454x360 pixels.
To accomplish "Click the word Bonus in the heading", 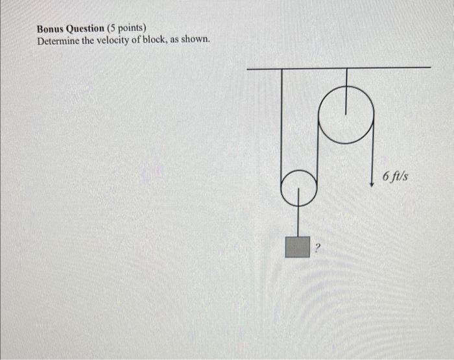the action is (x=53, y=29).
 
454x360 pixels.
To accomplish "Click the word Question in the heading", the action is (x=88, y=29).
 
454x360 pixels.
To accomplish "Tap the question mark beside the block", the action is (x=318, y=247).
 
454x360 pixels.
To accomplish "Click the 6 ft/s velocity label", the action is (x=395, y=176).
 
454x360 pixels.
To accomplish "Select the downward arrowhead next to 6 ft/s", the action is (x=372, y=184).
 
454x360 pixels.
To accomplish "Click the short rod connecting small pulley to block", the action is (x=298, y=221).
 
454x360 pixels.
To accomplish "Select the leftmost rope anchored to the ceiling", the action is (x=282, y=123).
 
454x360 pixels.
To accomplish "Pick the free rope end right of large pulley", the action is (x=372, y=156).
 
